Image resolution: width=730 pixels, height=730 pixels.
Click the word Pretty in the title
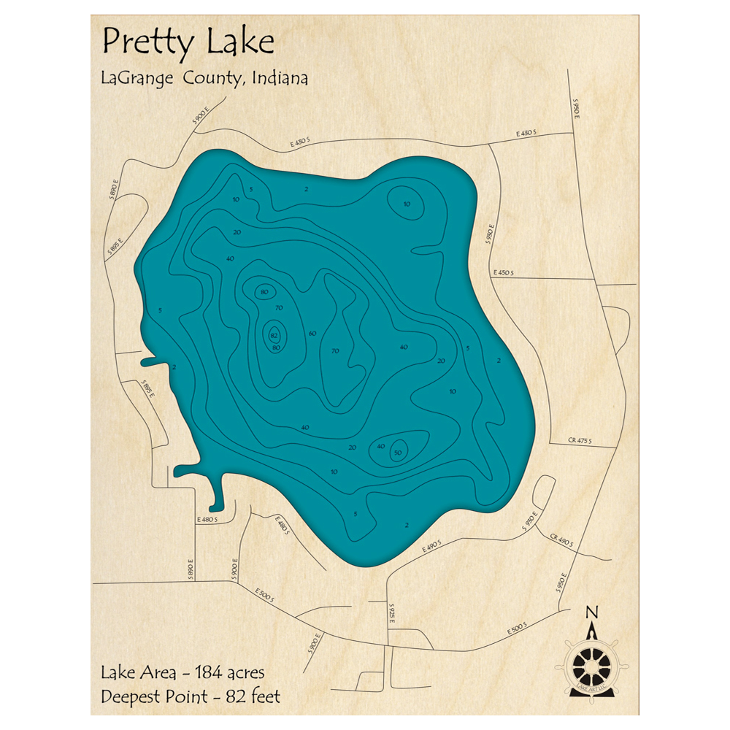coord(147,43)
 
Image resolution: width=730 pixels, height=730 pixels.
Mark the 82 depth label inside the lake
coord(274,335)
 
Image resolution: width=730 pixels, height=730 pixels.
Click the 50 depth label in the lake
coord(398,453)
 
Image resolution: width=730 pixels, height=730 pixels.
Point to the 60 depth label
coord(312,333)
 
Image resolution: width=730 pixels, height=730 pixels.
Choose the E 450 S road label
coord(504,273)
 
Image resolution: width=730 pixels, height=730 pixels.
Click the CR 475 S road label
coord(579,440)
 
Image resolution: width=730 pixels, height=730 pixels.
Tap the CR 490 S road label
coord(562,540)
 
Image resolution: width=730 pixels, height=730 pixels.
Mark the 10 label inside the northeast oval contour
coord(407,204)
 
